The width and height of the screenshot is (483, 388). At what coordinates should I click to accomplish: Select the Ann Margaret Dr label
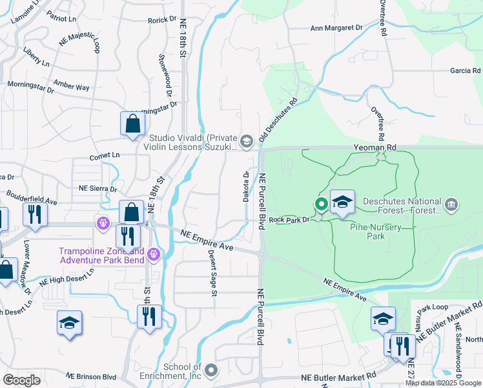point(336,28)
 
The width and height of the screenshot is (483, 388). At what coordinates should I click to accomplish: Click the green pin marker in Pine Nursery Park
point(321,205)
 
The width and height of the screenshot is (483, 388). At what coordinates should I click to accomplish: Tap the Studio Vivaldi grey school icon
point(246,140)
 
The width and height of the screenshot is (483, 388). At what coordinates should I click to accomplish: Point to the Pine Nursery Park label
point(376,232)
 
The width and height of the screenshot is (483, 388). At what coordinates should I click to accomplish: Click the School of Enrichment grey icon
point(212,371)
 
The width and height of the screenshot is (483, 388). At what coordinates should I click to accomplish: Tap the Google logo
point(21,380)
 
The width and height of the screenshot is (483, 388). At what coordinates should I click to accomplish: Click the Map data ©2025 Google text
point(444,383)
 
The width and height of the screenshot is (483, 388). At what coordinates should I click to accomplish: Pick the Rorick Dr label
point(161,20)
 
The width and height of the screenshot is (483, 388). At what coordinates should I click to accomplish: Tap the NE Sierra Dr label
point(98,189)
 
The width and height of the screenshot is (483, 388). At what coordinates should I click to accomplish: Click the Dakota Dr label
point(246,187)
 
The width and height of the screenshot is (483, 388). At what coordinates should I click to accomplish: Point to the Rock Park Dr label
point(290,219)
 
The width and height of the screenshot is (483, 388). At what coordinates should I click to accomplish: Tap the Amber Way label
point(71,87)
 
